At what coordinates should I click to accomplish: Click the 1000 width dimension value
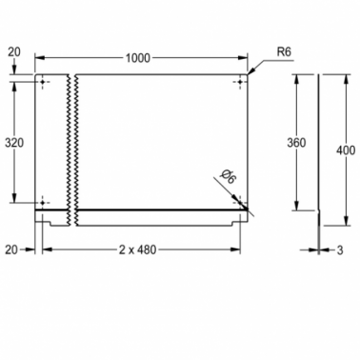click(138, 58)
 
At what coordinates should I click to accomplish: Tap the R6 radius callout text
click(284, 51)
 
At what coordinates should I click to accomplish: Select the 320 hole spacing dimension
click(14, 143)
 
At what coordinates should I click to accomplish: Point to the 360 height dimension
click(296, 143)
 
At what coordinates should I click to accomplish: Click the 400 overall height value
click(346, 150)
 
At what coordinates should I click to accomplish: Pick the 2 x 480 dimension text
click(138, 250)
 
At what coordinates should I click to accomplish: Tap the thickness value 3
click(340, 250)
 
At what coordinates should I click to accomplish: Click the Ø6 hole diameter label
click(229, 177)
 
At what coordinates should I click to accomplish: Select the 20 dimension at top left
click(14, 51)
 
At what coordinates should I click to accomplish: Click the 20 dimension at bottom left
click(11, 250)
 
